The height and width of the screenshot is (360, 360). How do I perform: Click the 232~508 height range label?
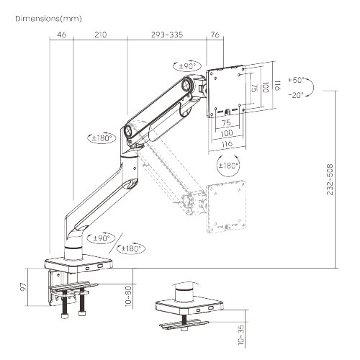tap(330, 180)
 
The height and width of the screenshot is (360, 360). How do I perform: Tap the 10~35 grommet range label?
tap(240, 333)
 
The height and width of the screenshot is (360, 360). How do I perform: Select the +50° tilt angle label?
tap(296, 80)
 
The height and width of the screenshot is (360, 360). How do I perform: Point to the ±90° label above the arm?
tap(188, 66)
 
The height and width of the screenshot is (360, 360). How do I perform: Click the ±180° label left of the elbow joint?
tap(102, 137)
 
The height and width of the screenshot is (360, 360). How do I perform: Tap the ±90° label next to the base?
tap(101, 237)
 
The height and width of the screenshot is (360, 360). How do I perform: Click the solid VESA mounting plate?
tap(228, 89)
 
